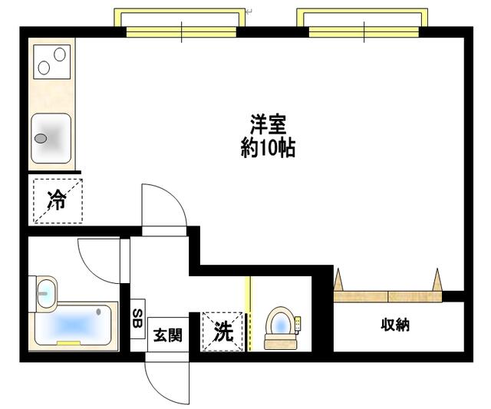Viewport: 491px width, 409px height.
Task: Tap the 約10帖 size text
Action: (268, 147)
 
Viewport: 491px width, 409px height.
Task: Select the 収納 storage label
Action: (396, 325)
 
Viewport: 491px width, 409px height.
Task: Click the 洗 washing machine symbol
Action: (222, 331)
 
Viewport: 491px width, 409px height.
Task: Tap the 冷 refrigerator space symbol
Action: (57, 201)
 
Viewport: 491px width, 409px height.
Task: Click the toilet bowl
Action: (280, 326)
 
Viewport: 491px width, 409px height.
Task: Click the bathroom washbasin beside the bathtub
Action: (46, 292)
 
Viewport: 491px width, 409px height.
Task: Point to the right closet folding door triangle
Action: (438, 279)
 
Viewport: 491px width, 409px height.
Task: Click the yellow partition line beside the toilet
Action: (248, 313)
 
